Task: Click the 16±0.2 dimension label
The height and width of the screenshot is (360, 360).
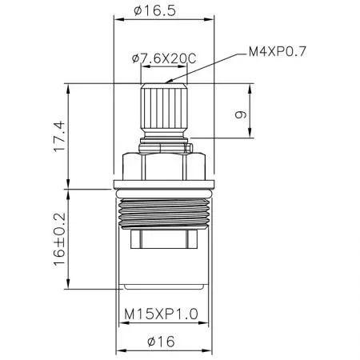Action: click(x=58, y=238)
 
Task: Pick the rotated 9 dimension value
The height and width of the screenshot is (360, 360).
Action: click(x=238, y=114)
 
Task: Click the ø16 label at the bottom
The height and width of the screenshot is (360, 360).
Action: click(x=166, y=341)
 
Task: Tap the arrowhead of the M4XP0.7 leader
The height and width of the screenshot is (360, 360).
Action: click(x=165, y=81)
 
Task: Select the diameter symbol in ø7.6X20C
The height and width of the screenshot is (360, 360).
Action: click(x=134, y=57)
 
